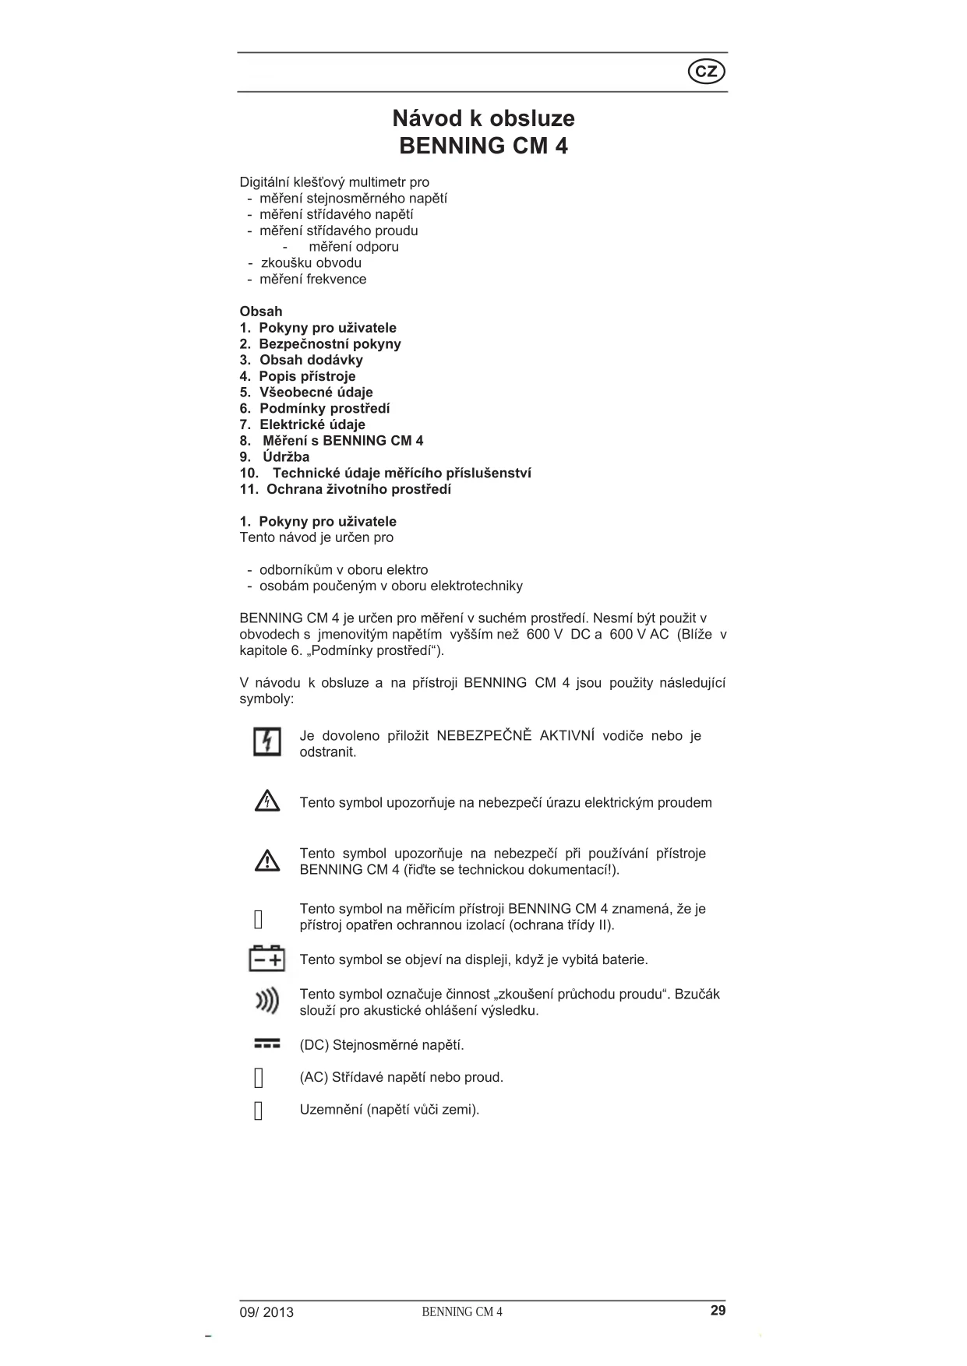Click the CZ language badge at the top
pyautogui.click(x=706, y=72)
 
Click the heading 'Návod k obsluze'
pyautogui.click(x=483, y=118)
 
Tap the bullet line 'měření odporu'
pyautogui.click(x=353, y=247)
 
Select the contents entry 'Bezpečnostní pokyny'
pyautogui.click(x=330, y=343)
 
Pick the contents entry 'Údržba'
pyautogui.click(x=285, y=457)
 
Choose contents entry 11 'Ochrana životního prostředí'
pyautogui.click(x=358, y=489)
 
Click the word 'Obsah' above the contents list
pyautogui.click(x=261, y=312)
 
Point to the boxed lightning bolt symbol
pyautogui.click(x=267, y=741)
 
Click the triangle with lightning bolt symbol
pyautogui.click(x=267, y=801)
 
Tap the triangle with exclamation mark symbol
pyautogui.click(x=267, y=861)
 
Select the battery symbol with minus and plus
pyautogui.click(x=266, y=959)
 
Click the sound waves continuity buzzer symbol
pyautogui.click(x=267, y=1001)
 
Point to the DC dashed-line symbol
pyautogui.click(x=266, y=1044)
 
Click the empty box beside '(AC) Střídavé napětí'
pyautogui.click(x=259, y=1078)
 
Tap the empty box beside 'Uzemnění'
pyautogui.click(x=259, y=1111)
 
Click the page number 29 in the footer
pyautogui.click(x=718, y=1311)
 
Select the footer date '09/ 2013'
pyautogui.click(x=266, y=1312)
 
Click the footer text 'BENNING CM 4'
pyautogui.click(x=462, y=1312)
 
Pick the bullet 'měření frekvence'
pyautogui.click(x=312, y=280)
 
